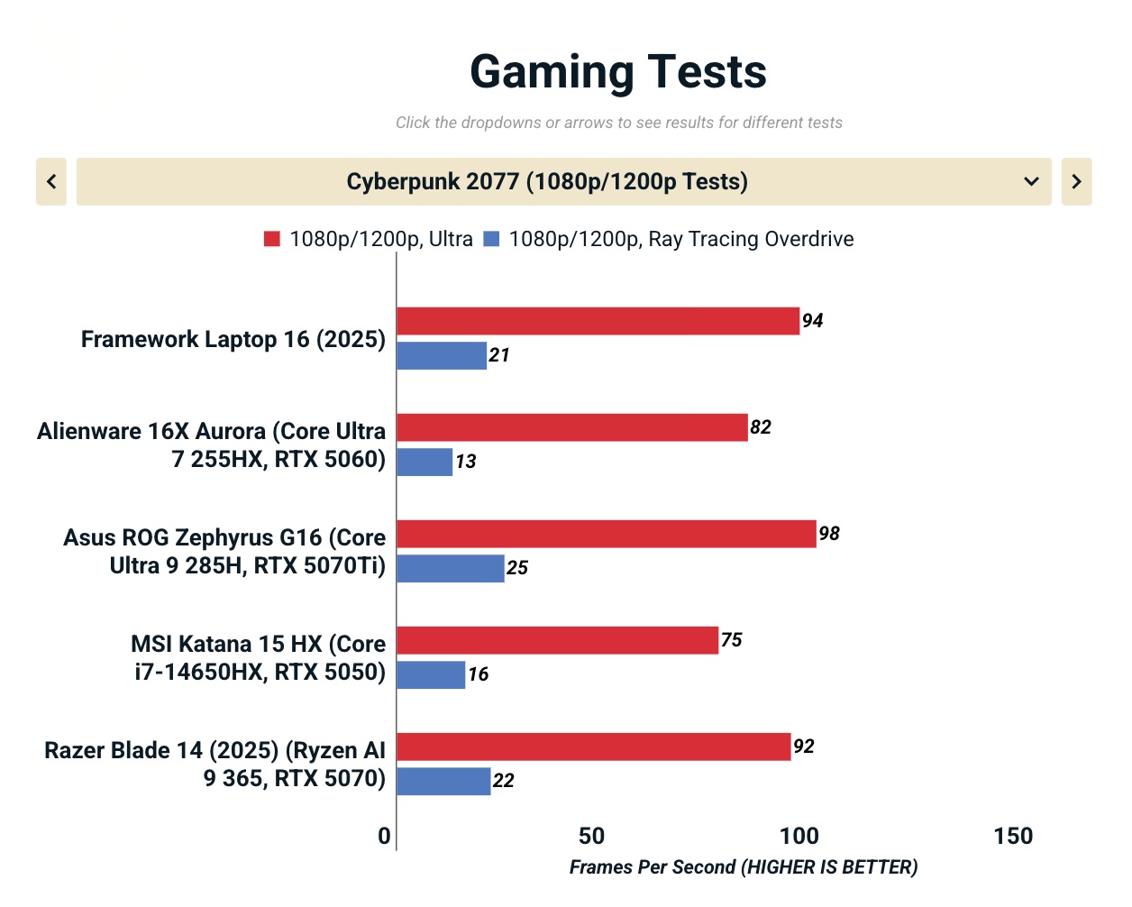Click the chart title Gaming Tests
pos(618,72)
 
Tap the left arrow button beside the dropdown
pos(51,181)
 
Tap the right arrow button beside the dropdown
pos(1076,181)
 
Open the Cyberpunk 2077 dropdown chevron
pos(1031,181)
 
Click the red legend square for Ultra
pos(271,239)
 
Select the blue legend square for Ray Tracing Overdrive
pos(491,239)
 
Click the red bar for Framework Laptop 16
pos(598,321)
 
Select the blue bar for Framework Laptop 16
pos(442,355)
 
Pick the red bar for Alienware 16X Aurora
pos(572,427)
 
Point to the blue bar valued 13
pos(424,462)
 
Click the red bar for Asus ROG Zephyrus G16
pos(607,534)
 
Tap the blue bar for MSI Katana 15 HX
pos(431,674)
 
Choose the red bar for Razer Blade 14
pos(594,747)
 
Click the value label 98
pos(829,534)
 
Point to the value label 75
pos(732,640)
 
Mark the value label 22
pos(504,781)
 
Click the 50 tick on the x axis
pos(591,836)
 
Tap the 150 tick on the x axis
pos(1013,836)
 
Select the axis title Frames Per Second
pos(744,867)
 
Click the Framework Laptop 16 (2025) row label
pos(233,339)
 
